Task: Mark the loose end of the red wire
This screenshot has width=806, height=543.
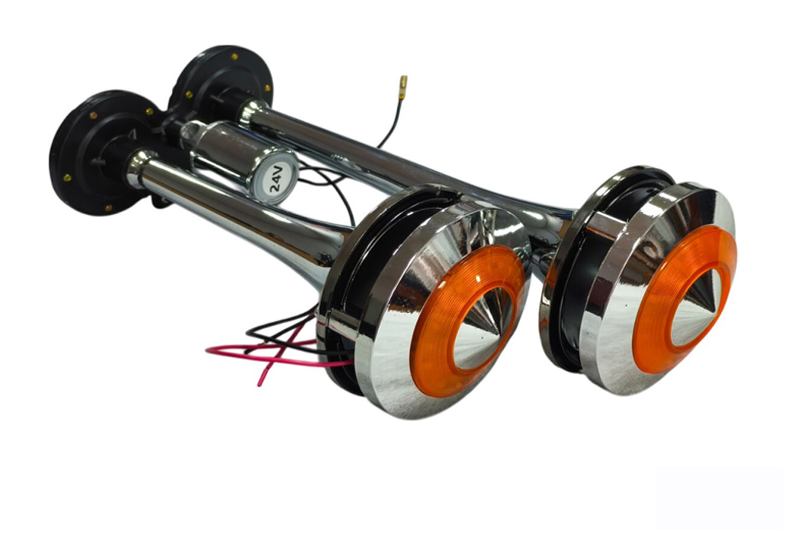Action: coord(259,386)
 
